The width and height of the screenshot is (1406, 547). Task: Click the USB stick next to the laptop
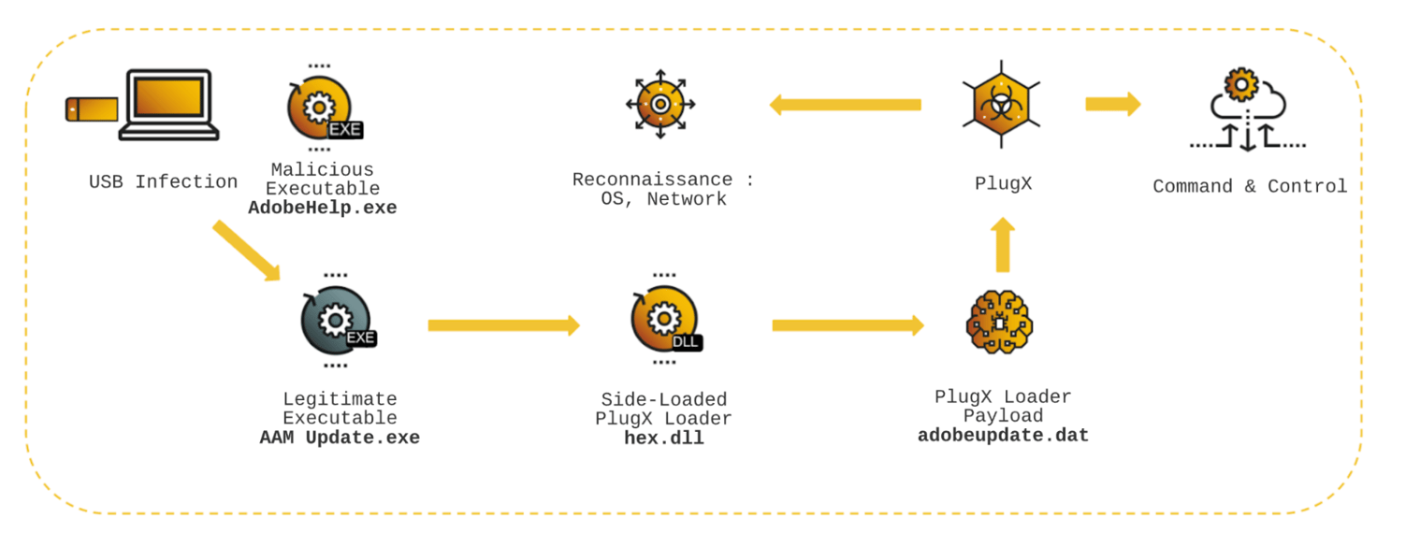(x=92, y=108)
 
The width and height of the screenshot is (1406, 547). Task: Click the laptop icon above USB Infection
(x=168, y=105)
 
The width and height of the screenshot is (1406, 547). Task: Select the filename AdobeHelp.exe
(x=323, y=209)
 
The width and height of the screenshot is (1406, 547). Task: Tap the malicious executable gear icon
(x=321, y=108)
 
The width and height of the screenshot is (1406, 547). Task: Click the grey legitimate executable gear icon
(x=336, y=321)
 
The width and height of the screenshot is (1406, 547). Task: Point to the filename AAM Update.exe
(x=340, y=438)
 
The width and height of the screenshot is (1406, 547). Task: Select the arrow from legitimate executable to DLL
(x=503, y=325)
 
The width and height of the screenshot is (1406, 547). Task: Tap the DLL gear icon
(x=664, y=320)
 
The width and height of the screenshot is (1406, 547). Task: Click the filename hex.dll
(x=664, y=438)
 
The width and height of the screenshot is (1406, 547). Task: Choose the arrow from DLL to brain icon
(x=848, y=325)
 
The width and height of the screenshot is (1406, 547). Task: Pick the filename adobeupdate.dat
(x=1003, y=436)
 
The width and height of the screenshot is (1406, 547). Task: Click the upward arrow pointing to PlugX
(x=1002, y=245)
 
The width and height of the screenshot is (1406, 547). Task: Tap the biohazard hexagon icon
(x=1001, y=104)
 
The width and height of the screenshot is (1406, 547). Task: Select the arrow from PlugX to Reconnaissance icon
(x=845, y=105)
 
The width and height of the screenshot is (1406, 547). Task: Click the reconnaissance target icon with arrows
(x=660, y=104)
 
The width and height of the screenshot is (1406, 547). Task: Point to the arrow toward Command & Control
(x=1112, y=104)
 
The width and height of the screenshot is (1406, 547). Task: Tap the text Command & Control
(x=1250, y=186)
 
